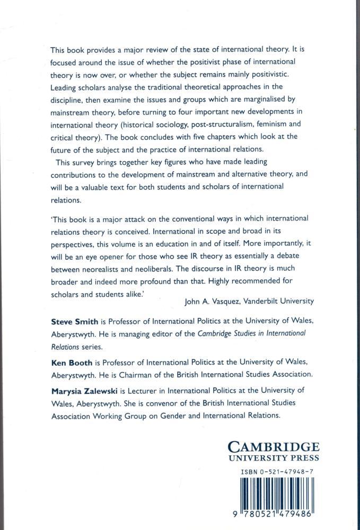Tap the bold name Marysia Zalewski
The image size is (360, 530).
pos(84,391)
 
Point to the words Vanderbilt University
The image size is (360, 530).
pos(279,301)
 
